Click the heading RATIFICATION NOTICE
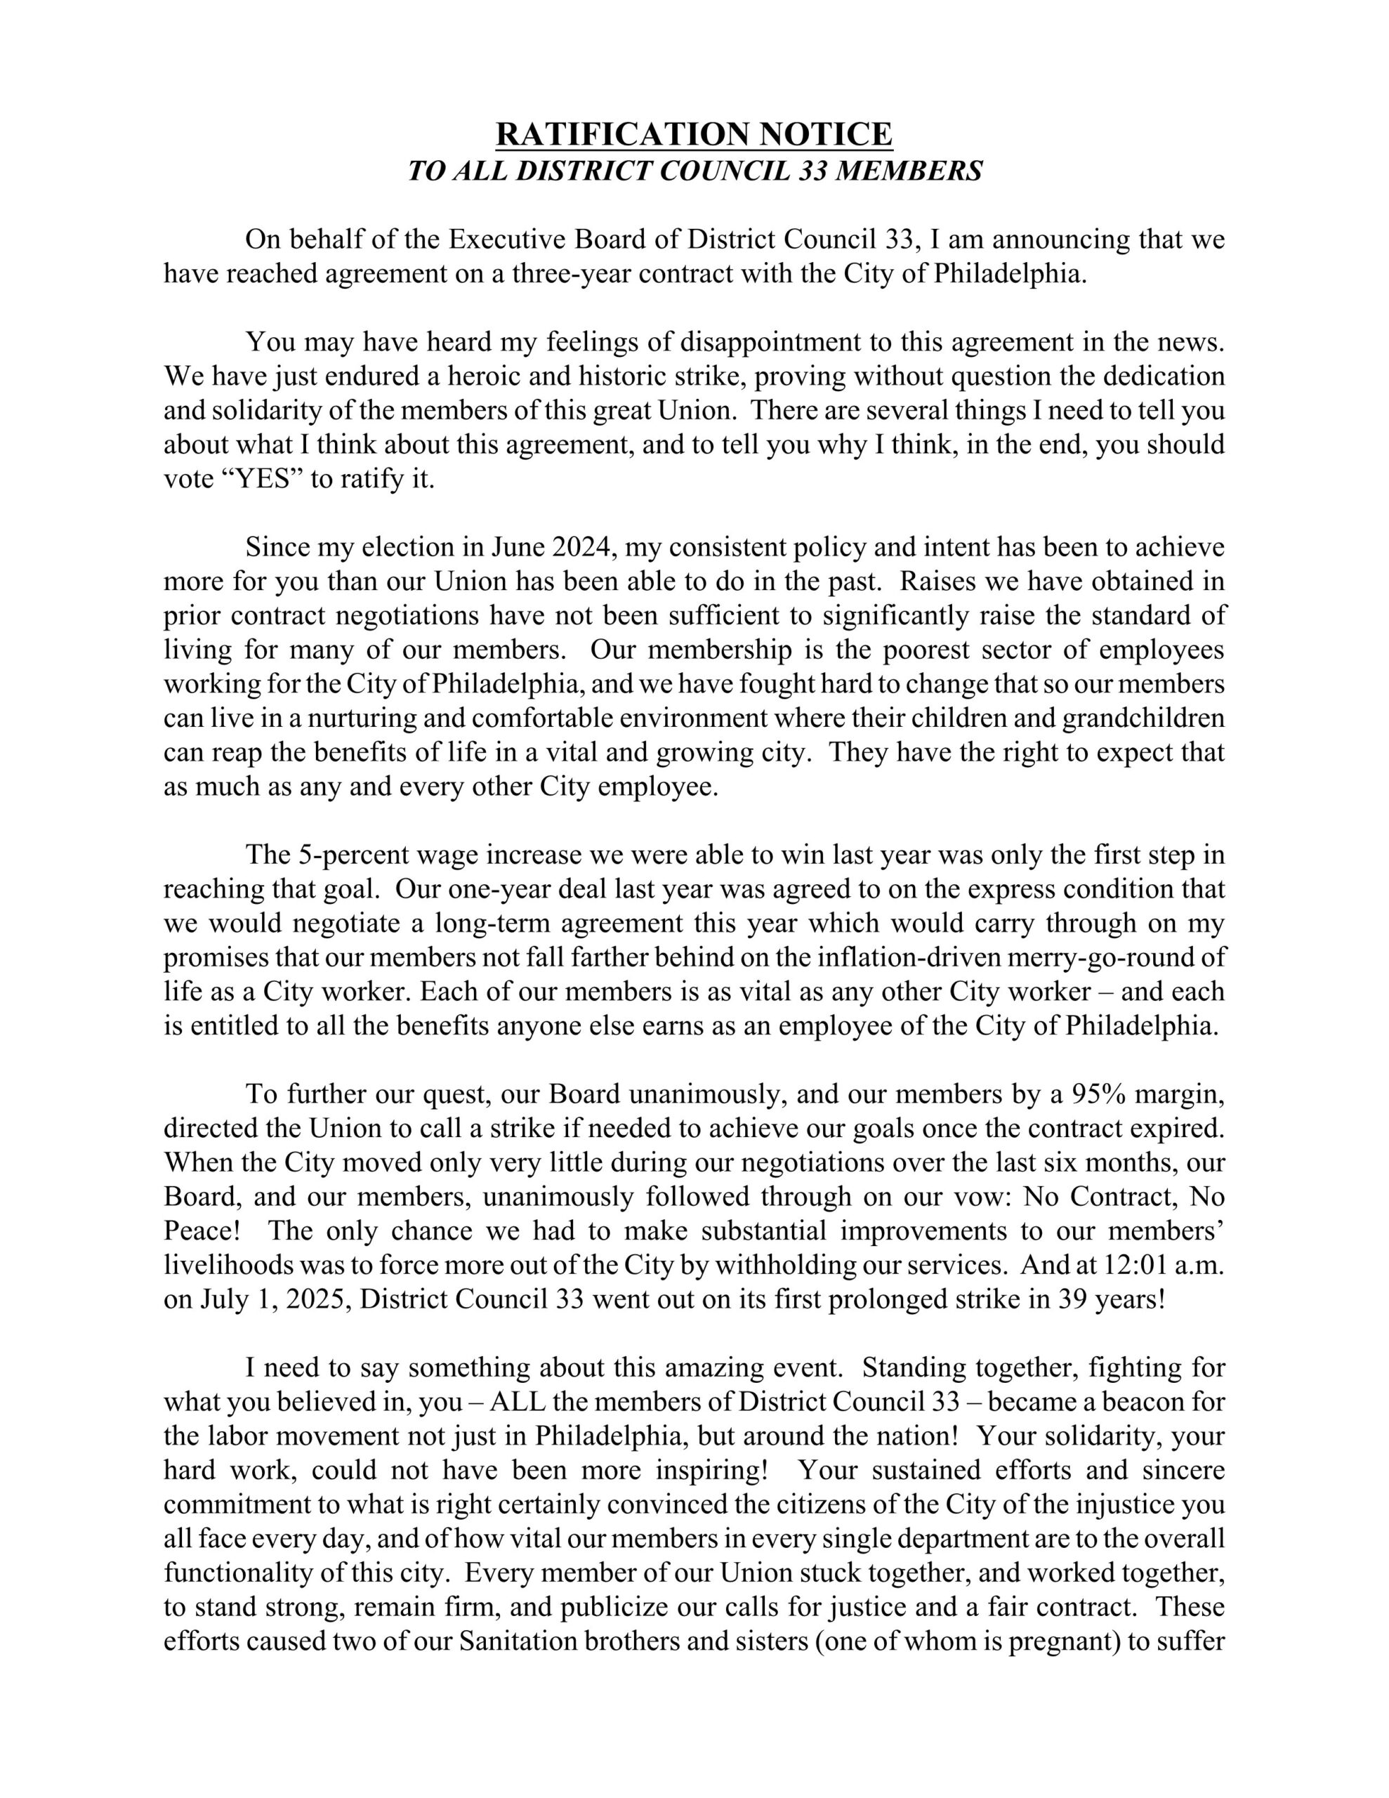pos(694,133)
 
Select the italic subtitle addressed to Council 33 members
pos(694,171)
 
